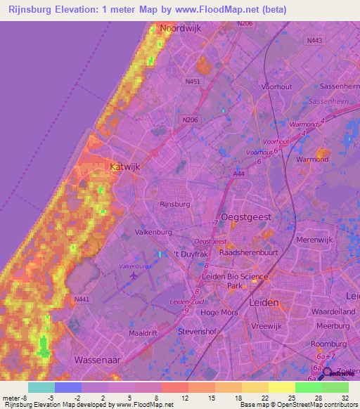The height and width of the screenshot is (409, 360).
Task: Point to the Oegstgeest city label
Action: click(246, 217)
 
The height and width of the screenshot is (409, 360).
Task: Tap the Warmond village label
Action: click(313, 168)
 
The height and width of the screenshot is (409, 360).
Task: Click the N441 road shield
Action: click(81, 299)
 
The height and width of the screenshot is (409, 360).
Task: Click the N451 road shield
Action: click(193, 82)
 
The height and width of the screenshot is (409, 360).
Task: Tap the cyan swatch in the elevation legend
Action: click(41, 387)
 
